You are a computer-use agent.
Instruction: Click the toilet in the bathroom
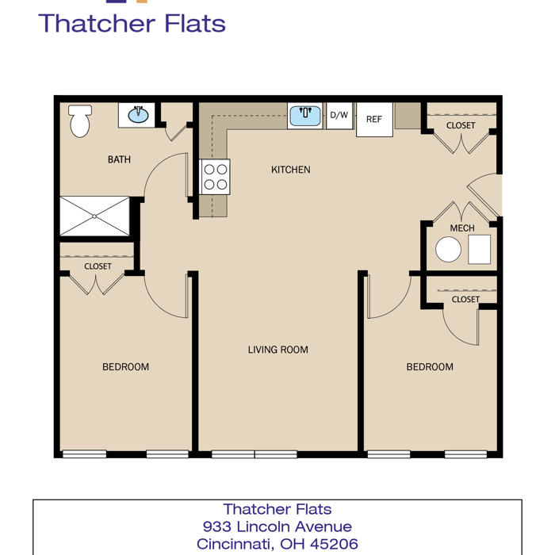tap(80, 121)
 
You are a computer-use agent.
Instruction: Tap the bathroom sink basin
tap(138, 115)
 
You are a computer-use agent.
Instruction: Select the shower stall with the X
tap(94, 216)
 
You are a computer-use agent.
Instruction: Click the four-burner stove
tap(215, 177)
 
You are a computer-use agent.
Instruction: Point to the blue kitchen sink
tap(304, 116)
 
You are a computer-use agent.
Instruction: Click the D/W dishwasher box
tap(339, 116)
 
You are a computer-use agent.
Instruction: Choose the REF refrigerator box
tap(374, 119)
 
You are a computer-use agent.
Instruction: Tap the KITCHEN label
tap(291, 170)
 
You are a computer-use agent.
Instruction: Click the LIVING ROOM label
tap(277, 350)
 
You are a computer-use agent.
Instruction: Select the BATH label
tap(119, 159)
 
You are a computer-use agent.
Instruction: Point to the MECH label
tap(462, 228)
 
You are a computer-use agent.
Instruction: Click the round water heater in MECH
tap(448, 249)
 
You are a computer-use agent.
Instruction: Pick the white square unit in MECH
tap(479, 250)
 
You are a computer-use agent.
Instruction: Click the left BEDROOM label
tap(125, 367)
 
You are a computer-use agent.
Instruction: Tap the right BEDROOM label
tap(430, 367)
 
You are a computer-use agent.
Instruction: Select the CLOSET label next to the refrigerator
tap(461, 125)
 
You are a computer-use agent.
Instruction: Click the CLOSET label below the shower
tap(98, 266)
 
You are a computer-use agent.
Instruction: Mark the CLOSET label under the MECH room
tap(465, 300)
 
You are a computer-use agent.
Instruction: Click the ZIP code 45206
tap(334, 544)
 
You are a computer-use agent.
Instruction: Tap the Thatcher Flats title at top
tap(132, 23)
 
